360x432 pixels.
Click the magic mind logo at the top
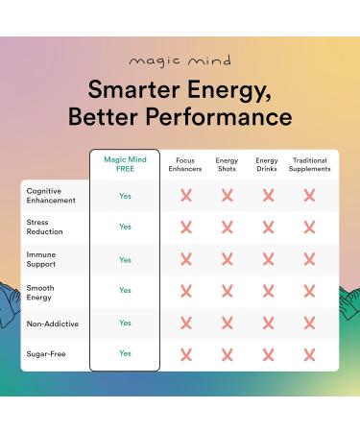(180, 61)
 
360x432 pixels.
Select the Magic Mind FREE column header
(125, 163)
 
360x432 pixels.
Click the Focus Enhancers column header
(185, 163)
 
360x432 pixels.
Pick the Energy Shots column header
(228, 163)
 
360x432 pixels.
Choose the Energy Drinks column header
(268, 163)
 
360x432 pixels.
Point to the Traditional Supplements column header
(309, 163)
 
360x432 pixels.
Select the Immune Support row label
(41, 259)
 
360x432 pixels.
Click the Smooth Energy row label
(39, 291)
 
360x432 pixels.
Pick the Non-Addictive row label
(52, 324)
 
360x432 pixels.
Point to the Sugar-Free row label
(44, 354)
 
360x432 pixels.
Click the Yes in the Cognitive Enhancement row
(125, 195)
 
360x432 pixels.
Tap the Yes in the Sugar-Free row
(125, 353)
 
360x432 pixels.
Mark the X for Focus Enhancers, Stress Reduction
(185, 228)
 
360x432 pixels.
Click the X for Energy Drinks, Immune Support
(268, 259)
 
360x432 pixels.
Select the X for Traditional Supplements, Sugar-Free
(309, 354)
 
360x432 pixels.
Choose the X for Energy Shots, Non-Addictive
(228, 324)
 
